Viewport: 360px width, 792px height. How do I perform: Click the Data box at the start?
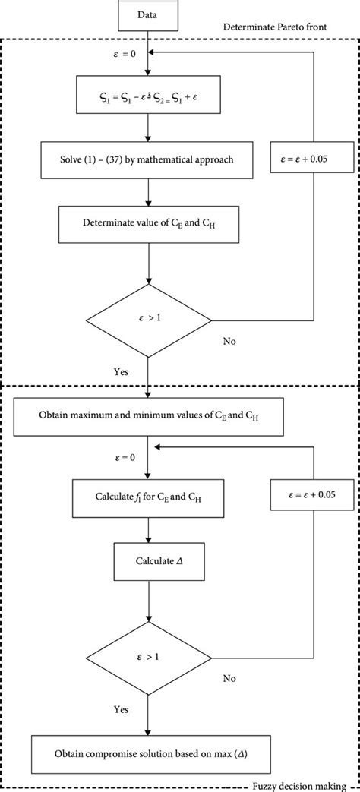pos(149,14)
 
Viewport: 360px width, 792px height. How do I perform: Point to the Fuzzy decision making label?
pos(308,786)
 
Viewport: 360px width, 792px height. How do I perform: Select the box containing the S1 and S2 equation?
pos(148,97)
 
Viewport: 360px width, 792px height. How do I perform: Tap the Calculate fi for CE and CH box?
pos(147,497)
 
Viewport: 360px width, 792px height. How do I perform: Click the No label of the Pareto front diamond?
pos(229,341)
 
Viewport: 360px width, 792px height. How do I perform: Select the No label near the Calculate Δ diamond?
pos(229,675)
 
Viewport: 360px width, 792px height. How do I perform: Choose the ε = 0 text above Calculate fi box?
pos(123,458)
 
